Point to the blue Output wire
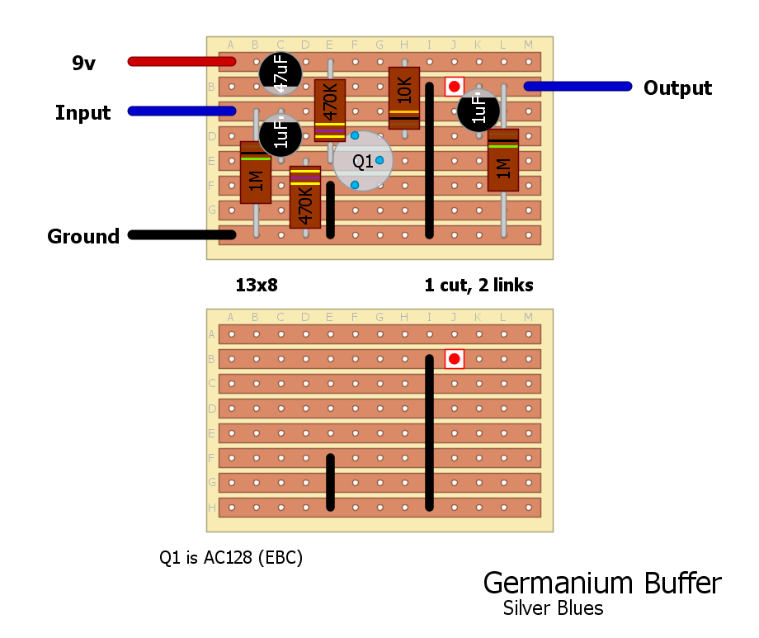click(577, 86)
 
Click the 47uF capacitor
click(280, 73)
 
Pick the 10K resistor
click(404, 98)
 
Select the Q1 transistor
click(363, 161)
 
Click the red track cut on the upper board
click(454, 86)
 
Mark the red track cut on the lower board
click(454, 358)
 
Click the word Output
click(677, 88)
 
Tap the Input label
click(82, 113)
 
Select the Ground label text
click(83, 237)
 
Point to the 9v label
click(83, 63)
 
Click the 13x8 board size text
click(256, 286)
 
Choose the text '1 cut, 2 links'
click(478, 286)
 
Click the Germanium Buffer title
click(601, 583)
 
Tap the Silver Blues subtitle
click(553, 608)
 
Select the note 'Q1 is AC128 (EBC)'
click(231, 558)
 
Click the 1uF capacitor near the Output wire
click(478, 111)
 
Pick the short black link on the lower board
click(330, 482)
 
